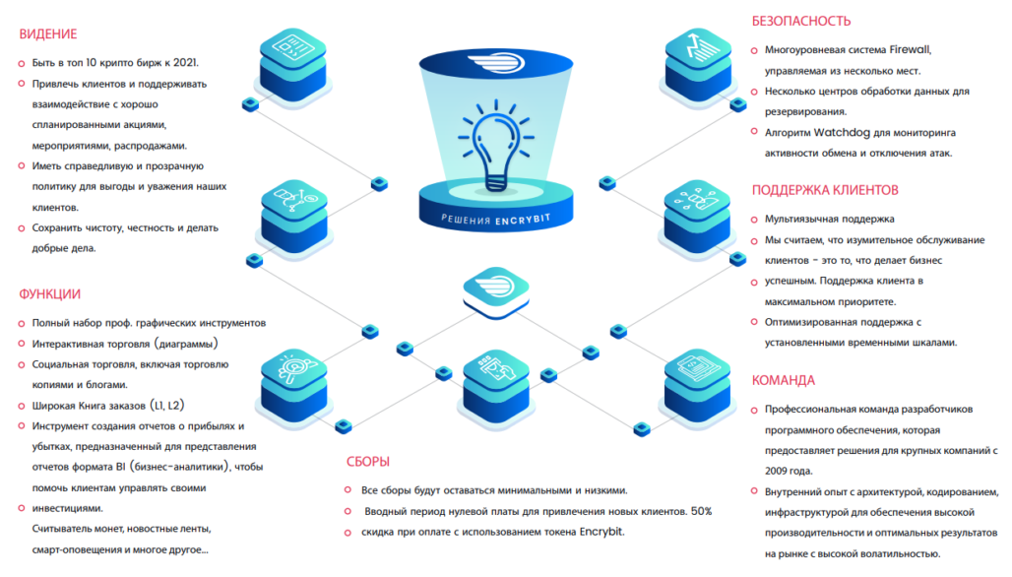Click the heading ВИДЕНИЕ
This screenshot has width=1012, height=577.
click(47, 34)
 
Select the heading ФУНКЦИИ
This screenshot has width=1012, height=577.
click(49, 293)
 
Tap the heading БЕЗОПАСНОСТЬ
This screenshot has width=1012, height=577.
click(801, 21)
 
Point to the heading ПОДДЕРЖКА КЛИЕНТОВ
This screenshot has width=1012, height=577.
click(825, 190)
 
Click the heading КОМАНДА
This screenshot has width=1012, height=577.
click(784, 380)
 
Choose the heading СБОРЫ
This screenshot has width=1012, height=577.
click(367, 461)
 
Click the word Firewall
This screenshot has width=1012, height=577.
click(910, 49)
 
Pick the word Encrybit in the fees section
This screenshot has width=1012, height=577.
click(595, 533)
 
